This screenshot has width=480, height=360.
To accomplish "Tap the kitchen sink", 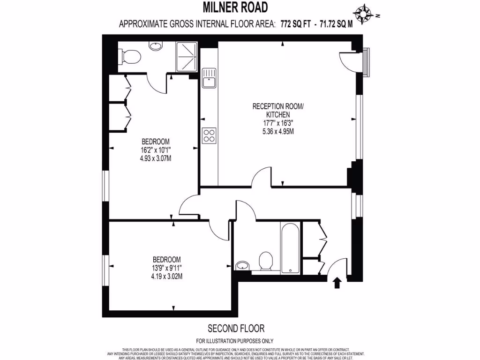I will click(209, 78).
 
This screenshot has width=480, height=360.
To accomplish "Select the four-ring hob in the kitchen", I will click(209, 135).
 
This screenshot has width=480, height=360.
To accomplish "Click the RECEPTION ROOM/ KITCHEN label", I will click(278, 111).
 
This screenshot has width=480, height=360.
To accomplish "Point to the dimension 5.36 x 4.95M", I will click(278, 131).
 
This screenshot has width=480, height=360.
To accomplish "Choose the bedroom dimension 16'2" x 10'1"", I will click(155, 150).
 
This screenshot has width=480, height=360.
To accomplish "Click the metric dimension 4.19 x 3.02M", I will click(167, 276).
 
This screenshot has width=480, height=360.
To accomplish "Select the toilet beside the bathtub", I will click(266, 261).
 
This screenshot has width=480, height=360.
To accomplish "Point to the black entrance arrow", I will click(336, 282).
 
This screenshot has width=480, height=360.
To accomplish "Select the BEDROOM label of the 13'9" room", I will click(167, 259).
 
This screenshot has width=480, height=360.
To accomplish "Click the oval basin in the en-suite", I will click(155, 45).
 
